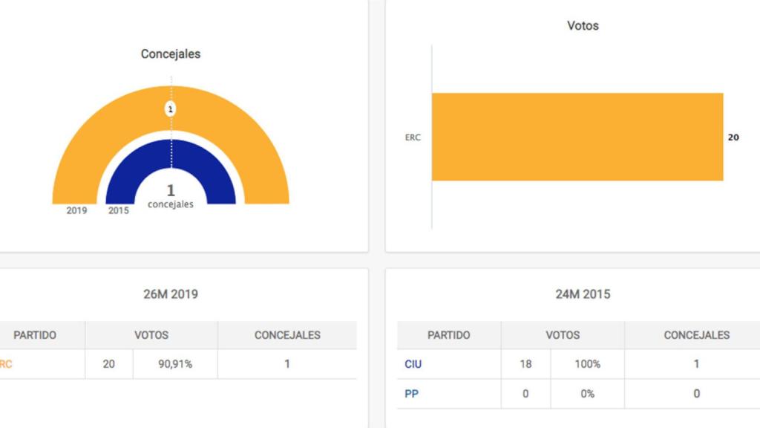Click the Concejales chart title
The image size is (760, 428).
(x=171, y=54)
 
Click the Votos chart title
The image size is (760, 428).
(x=583, y=25)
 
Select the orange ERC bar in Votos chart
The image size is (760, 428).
(x=577, y=137)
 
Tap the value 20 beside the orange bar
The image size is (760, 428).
(x=733, y=137)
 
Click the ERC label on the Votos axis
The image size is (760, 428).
(x=413, y=137)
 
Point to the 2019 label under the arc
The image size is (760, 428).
(x=76, y=210)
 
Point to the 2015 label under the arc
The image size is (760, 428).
(x=118, y=210)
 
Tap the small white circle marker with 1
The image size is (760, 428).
(x=171, y=109)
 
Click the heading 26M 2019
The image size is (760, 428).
(x=171, y=294)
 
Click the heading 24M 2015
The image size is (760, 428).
(x=583, y=294)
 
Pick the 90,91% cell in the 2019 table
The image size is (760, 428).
(x=174, y=364)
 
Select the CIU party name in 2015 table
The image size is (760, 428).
(x=414, y=364)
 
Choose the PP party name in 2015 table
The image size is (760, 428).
(x=411, y=394)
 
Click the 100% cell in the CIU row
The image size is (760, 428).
(x=587, y=364)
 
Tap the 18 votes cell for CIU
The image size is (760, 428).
(x=525, y=364)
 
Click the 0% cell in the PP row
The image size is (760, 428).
(x=587, y=394)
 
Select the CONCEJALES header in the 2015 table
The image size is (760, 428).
(x=696, y=335)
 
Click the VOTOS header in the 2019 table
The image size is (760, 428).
(x=151, y=335)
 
